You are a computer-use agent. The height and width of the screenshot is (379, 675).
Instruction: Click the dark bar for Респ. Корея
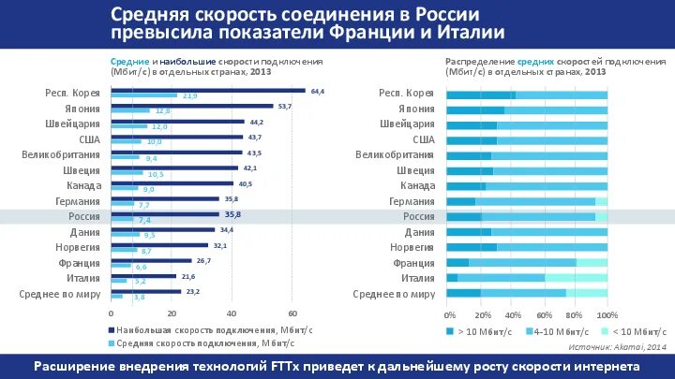click(207, 91)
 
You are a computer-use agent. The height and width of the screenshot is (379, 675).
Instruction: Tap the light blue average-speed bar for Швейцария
click(129, 126)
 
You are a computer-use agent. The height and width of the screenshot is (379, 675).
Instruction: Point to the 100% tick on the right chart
click(607, 314)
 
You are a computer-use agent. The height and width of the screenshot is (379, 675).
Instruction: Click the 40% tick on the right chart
click(512, 314)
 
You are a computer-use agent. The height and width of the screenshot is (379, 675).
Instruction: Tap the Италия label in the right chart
click(417, 278)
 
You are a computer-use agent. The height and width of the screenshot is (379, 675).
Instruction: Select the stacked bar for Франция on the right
click(527, 263)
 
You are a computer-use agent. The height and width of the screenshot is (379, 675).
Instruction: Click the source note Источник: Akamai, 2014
click(618, 346)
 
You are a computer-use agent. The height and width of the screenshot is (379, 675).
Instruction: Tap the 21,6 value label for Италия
click(188, 276)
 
